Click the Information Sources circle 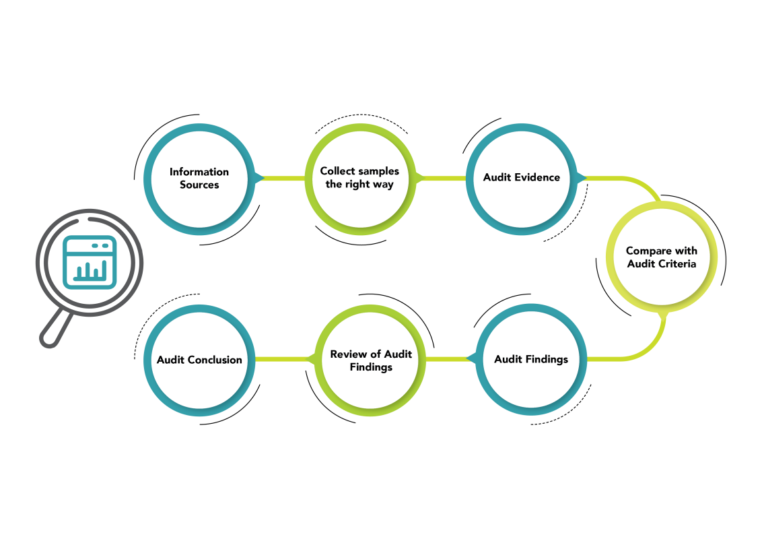click(x=199, y=179)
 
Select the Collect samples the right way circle click(x=360, y=179)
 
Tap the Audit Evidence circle click(x=522, y=179)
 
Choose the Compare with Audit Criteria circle click(x=662, y=257)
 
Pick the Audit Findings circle click(x=531, y=359)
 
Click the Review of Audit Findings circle click(x=371, y=359)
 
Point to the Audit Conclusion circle click(x=199, y=359)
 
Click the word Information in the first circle click(x=199, y=172)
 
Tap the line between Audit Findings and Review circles click(x=451, y=359)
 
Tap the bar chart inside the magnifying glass click(x=90, y=271)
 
